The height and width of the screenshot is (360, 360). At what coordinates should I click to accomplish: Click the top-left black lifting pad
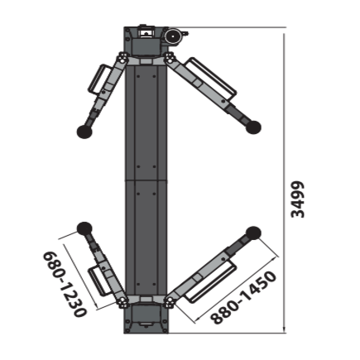pyautogui.click(x=83, y=129)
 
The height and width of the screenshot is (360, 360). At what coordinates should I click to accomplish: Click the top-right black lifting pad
pyautogui.click(x=252, y=127)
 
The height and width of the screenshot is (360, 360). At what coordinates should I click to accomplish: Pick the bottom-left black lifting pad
pyautogui.click(x=84, y=229)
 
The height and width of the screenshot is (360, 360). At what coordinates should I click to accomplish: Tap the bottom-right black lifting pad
pyautogui.click(x=252, y=234)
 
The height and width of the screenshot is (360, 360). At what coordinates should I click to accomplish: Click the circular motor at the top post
pyautogui.click(x=174, y=37)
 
